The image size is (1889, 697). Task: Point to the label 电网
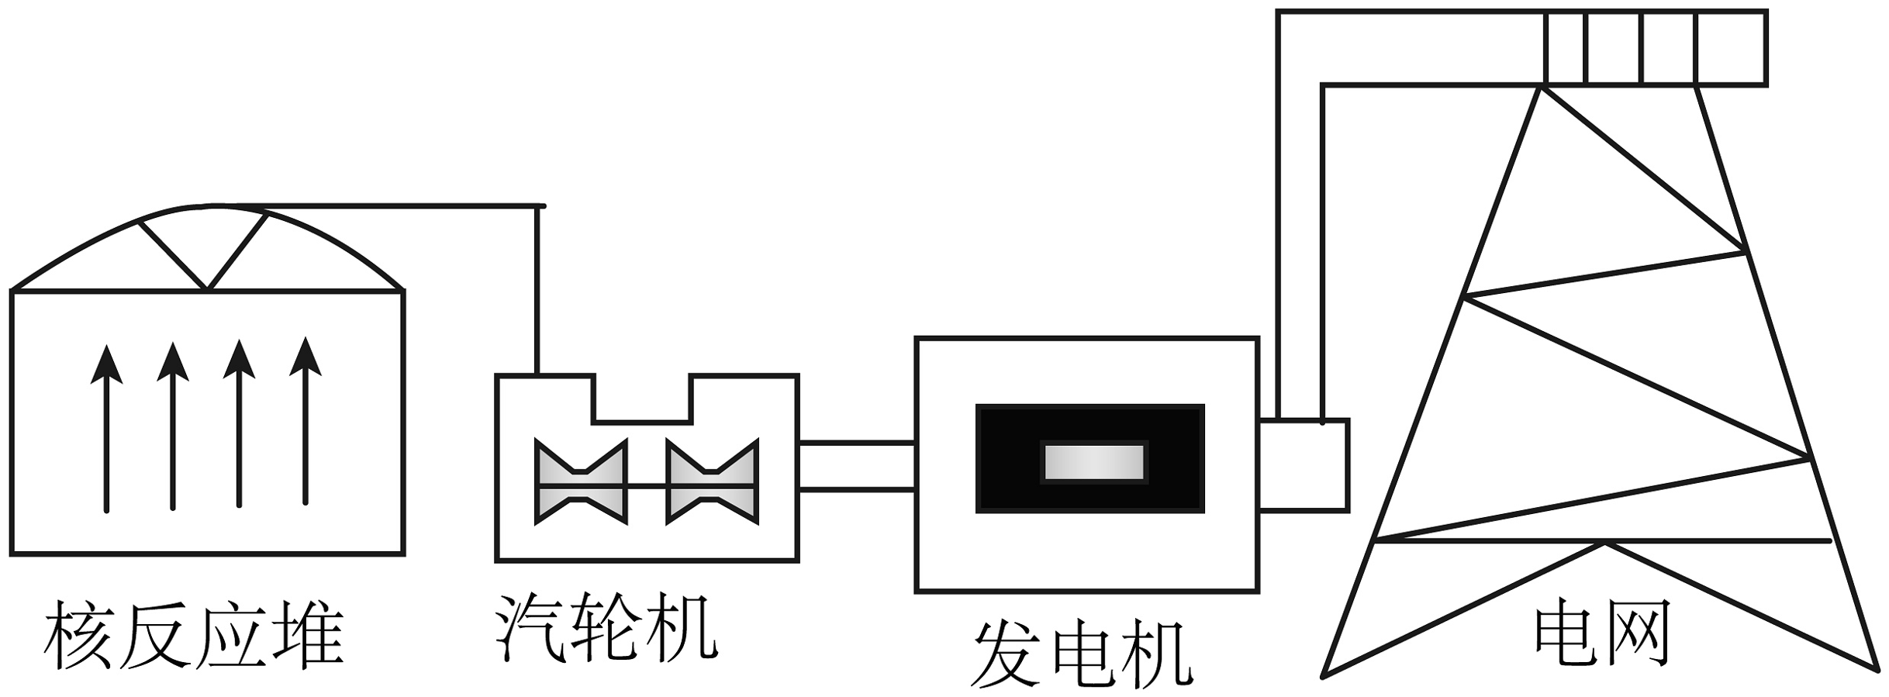tap(1602, 635)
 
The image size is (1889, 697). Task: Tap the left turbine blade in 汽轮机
tap(580, 481)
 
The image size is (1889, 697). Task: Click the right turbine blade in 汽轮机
tap(712, 481)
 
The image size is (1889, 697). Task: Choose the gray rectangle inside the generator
tap(1093, 462)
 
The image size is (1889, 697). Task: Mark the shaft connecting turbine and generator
tap(857, 466)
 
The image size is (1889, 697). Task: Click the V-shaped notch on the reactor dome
tap(206, 256)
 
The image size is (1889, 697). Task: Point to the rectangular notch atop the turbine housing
tap(642, 400)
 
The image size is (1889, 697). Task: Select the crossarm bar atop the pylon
tap(1655, 47)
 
